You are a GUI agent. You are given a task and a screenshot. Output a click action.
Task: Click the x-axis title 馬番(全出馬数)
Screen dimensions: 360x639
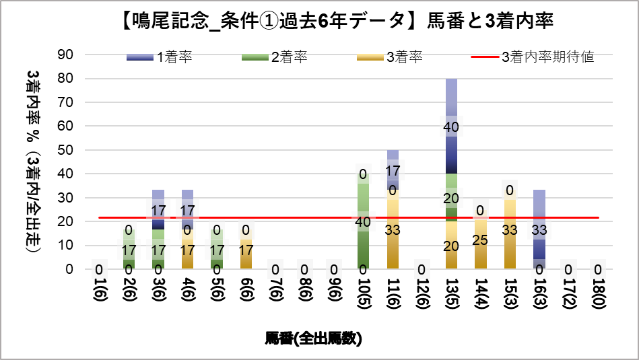(x=313, y=338)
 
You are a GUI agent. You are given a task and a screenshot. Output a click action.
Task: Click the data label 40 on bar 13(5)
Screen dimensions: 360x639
(x=451, y=127)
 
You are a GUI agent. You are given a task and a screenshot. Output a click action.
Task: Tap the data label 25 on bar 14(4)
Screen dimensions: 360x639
(x=480, y=240)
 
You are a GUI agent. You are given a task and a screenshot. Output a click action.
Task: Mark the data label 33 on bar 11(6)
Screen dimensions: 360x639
(x=393, y=230)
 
